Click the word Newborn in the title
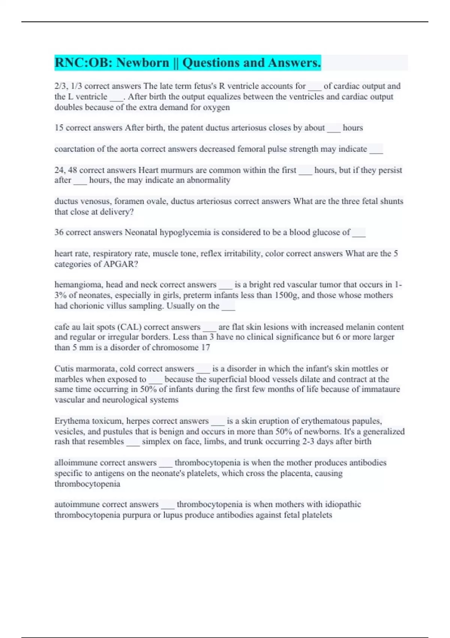coord(142,63)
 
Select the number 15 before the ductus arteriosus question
coord(59,128)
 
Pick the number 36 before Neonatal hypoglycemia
coord(59,232)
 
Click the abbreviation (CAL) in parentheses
coord(129,327)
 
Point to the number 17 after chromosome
coord(205,347)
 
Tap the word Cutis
coord(64,369)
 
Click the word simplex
coord(156,441)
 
